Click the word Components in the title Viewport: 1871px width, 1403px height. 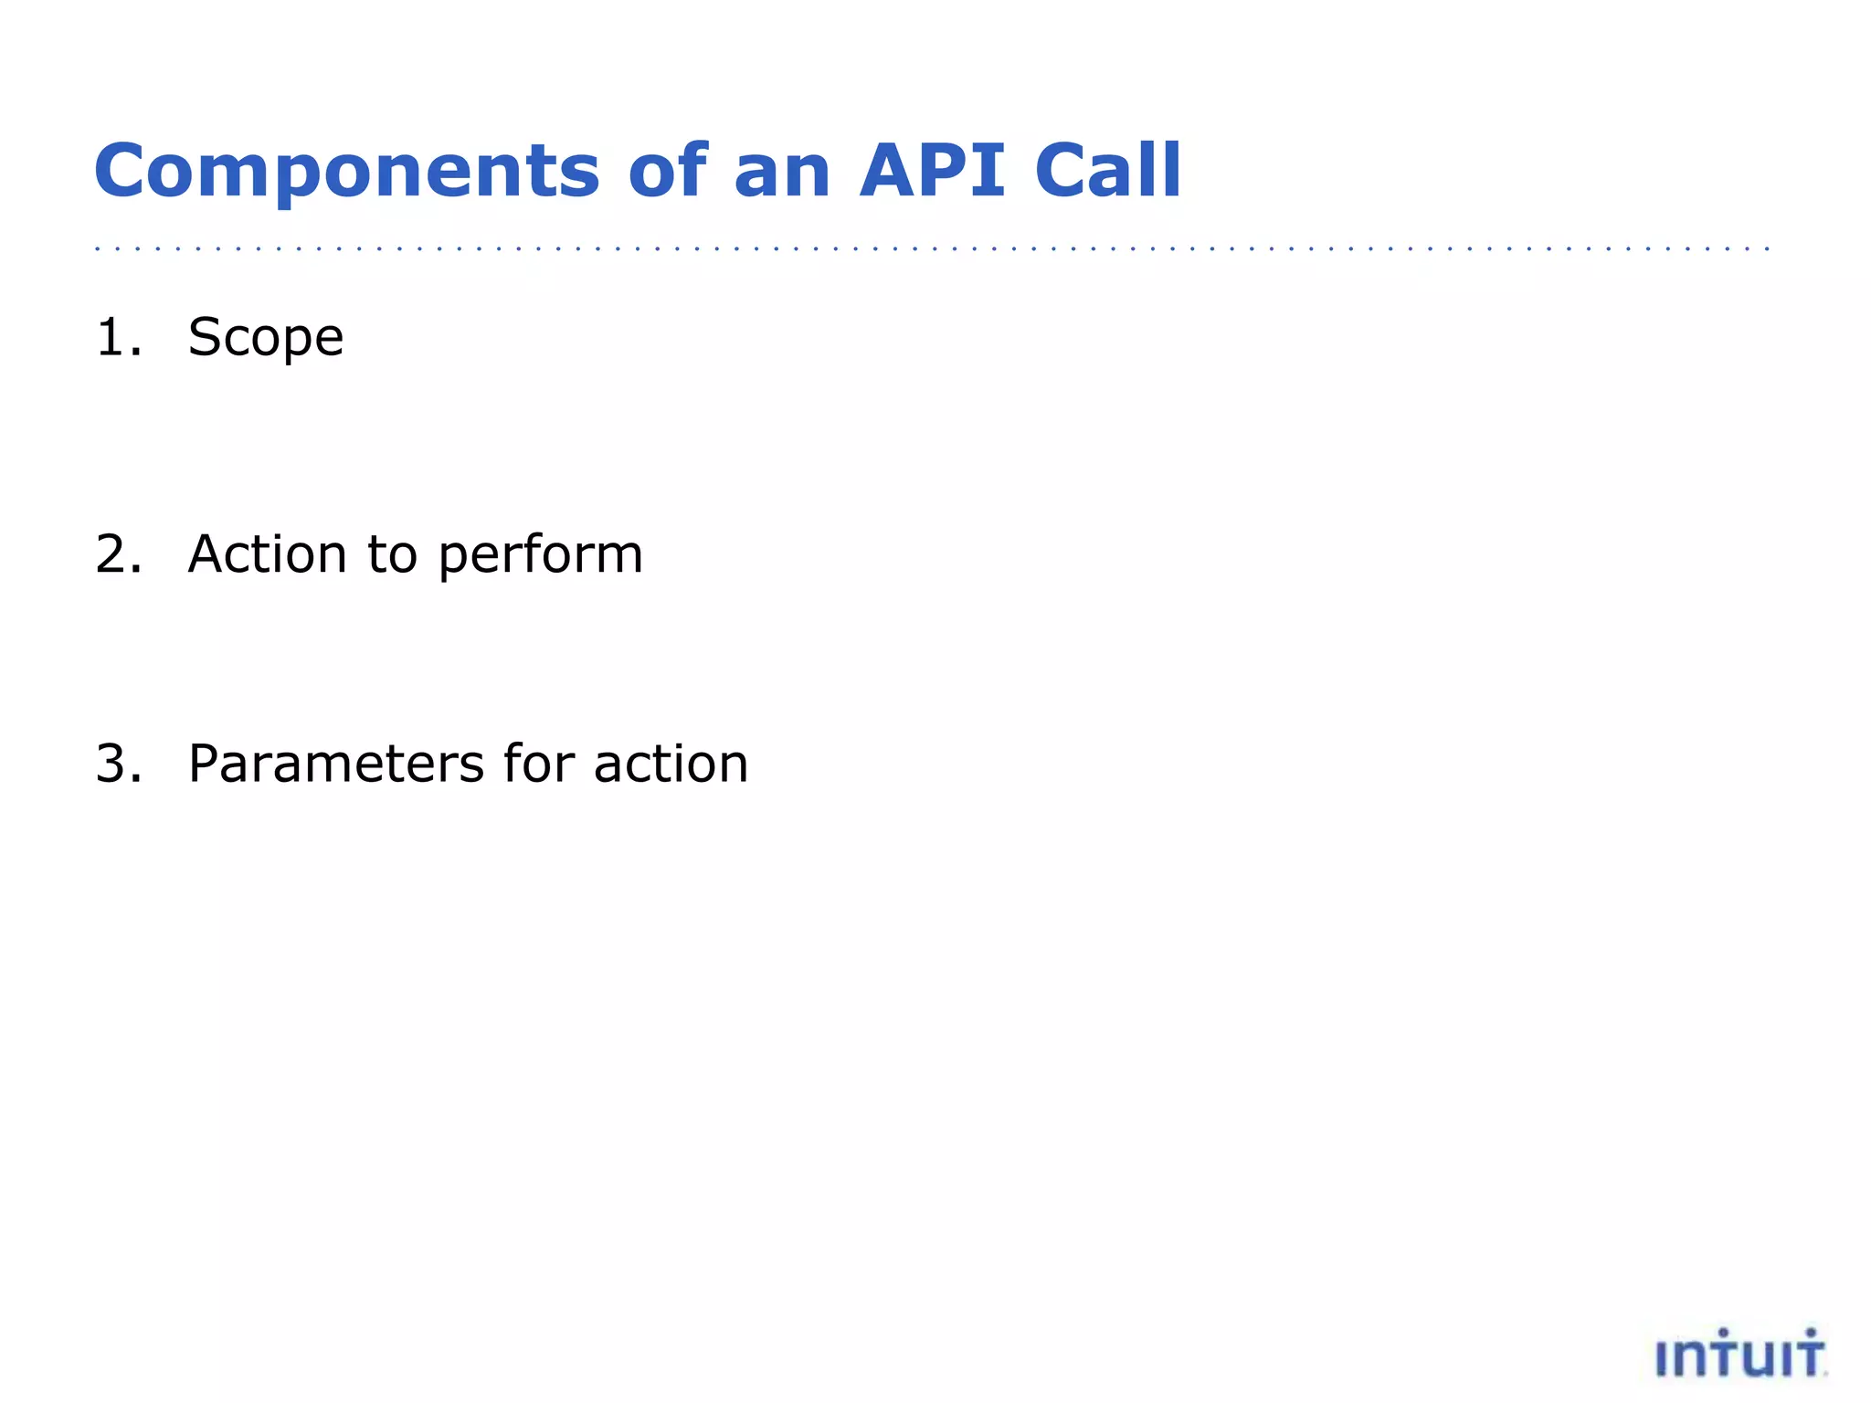point(347,172)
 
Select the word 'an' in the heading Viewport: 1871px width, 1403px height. point(782,172)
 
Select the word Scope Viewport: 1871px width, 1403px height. point(266,339)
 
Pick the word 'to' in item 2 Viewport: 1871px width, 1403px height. point(392,554)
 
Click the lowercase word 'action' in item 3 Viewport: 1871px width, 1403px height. point(671,764)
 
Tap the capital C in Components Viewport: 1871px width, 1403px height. point(122,172)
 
